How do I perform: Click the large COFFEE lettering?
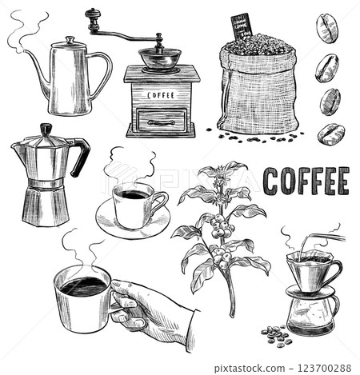[306, 182]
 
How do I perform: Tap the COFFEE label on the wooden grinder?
[162, 94]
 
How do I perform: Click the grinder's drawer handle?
[161, 122]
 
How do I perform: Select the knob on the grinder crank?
[93, 14]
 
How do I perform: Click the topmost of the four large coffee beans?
[326, 28]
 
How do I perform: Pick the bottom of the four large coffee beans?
[330, 134]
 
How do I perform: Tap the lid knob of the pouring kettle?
[70, 39]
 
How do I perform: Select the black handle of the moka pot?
[81, 156]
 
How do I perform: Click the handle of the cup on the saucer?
[161, 201]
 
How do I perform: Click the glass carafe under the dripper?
[313, 309]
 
